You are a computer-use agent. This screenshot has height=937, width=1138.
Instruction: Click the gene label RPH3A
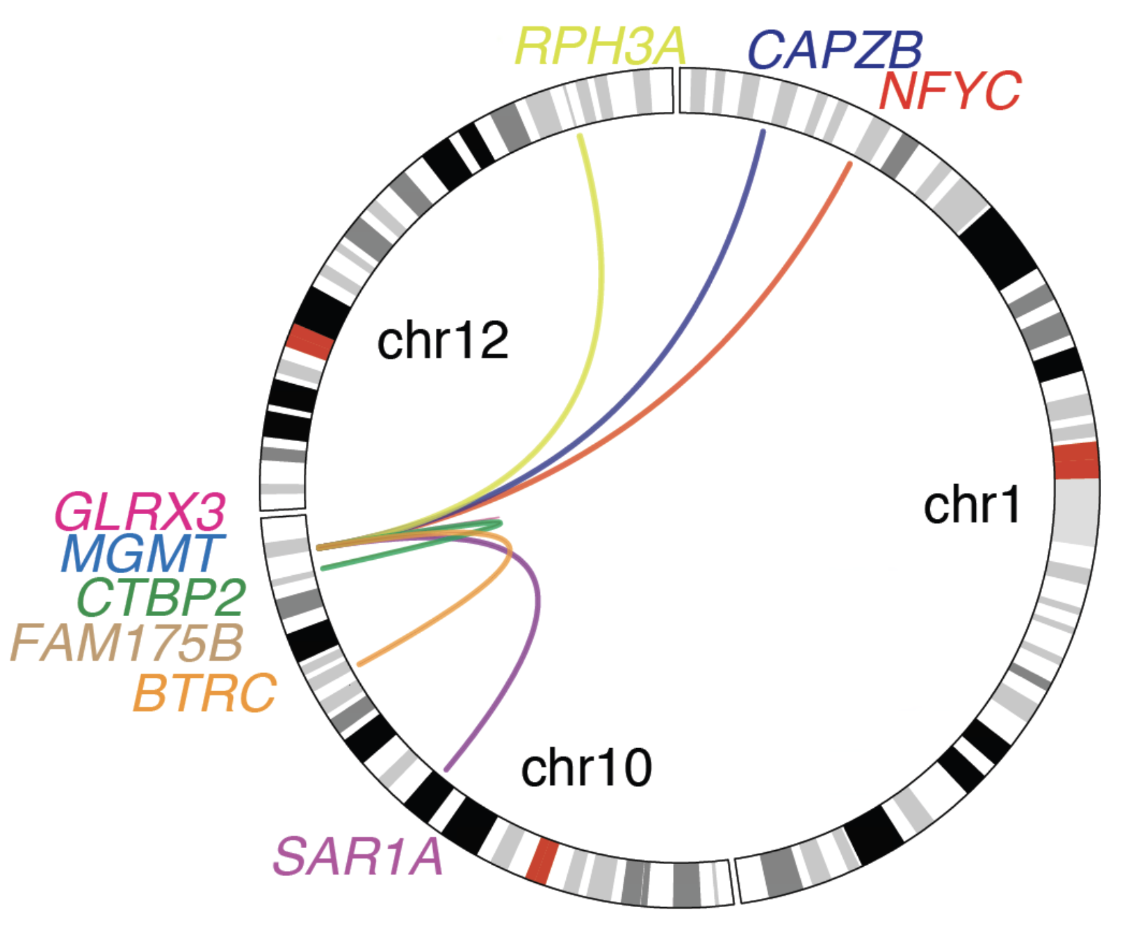(601, 47)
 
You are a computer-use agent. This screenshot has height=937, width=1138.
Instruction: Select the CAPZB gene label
(834, 50)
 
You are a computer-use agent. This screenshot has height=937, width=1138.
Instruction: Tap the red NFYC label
(950, 91)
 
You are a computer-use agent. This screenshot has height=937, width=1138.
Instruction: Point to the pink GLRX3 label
(140, 513)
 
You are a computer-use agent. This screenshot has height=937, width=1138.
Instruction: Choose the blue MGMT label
(143, 553)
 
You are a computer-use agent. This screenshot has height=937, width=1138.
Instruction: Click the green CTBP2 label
(161, 597)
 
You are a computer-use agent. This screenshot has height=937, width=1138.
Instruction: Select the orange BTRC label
(205, 693)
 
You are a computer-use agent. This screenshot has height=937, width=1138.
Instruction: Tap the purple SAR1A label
(357, 856)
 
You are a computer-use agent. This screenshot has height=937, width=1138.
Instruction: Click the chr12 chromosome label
(443, 340)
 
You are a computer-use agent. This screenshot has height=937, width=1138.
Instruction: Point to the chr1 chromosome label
(972, 505)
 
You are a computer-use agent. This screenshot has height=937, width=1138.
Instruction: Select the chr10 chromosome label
(586, 768)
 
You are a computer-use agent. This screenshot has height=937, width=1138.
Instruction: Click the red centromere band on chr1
(1076, 461)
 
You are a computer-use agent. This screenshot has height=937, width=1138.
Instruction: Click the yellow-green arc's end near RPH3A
(580, 136)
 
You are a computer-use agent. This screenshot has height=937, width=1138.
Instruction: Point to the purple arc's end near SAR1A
(447, 769)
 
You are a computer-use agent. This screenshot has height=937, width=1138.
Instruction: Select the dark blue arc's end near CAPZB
(763, 132)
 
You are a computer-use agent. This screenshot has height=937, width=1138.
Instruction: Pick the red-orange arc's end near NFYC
(850, 165)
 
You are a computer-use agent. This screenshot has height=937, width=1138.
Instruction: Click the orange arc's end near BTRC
(359, 664)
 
